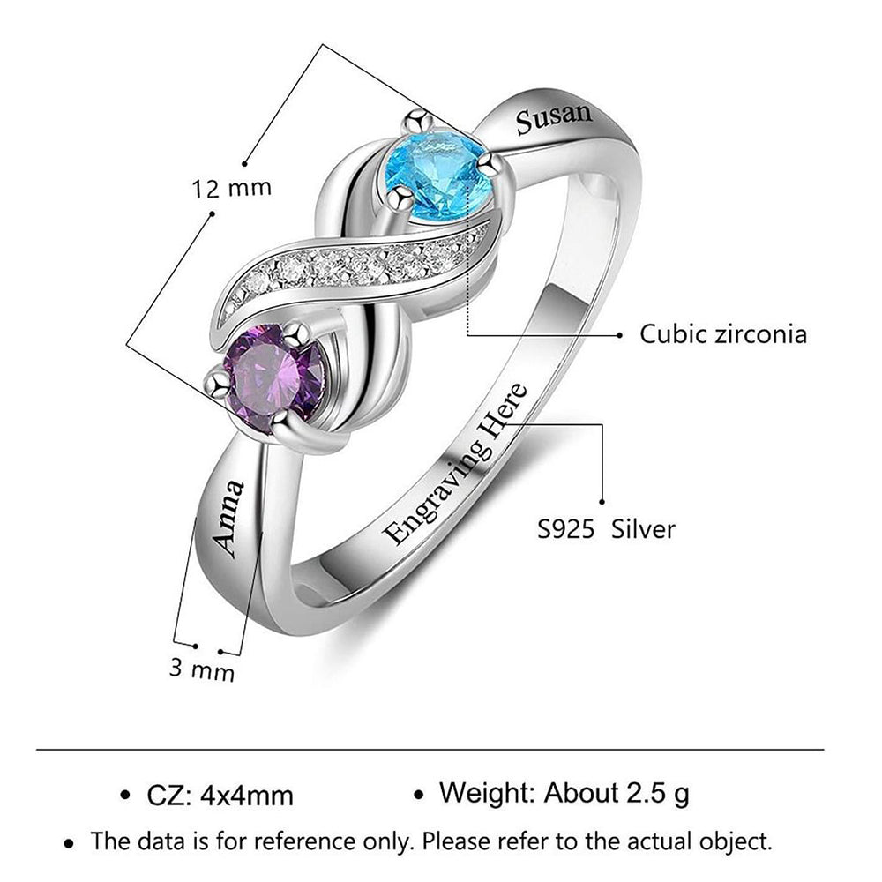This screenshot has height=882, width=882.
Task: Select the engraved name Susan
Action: click(x=554, y=118)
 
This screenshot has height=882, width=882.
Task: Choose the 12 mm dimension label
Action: click(x=232, y=189)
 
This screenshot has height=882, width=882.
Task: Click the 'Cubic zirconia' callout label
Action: click(x=723, y=334)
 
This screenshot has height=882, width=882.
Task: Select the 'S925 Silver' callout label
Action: click(x=607, y=530)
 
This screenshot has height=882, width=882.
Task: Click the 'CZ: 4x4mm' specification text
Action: click(x=220, y=796)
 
